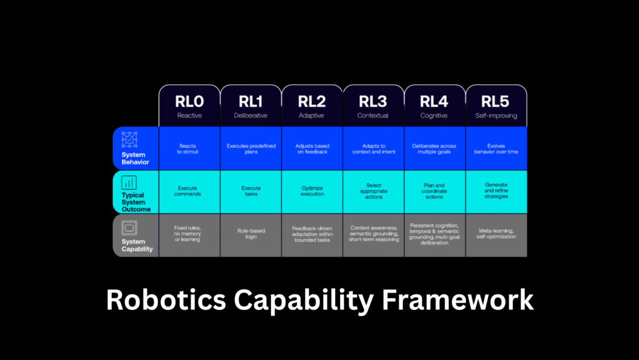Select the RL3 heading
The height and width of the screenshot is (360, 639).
(373, 102)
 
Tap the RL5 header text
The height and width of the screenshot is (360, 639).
(495, 102)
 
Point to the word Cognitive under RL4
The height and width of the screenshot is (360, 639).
(434, 115)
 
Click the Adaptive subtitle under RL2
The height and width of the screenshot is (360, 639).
(311, 115)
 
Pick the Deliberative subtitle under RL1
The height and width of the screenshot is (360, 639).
(251, 115)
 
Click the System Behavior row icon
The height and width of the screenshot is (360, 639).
(130, 140)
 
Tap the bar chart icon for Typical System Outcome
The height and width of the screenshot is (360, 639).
(129, 183)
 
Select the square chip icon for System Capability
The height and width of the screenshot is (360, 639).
(129, 228)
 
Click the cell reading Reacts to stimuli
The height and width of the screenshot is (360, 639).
(187, 148)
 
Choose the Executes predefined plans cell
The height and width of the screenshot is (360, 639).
(251, 148)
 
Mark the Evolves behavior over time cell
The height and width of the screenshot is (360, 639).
(496, 148)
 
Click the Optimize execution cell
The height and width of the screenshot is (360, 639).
(312, 191)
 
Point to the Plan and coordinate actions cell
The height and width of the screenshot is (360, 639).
(434, 191)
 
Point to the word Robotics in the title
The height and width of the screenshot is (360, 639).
(166, 300)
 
